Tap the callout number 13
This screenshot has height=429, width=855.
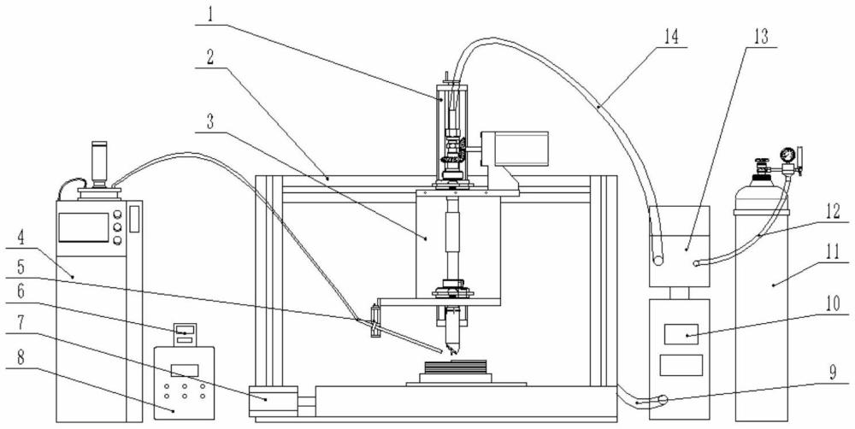coord(761,36)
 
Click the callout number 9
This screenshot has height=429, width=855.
coord(832,373)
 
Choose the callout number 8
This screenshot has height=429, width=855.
coord(21,358)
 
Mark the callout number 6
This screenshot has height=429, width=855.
coord(21,291)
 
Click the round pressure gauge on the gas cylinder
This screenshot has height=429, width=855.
coord(786,155)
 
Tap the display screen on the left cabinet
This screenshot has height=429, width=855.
coord(84,227)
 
